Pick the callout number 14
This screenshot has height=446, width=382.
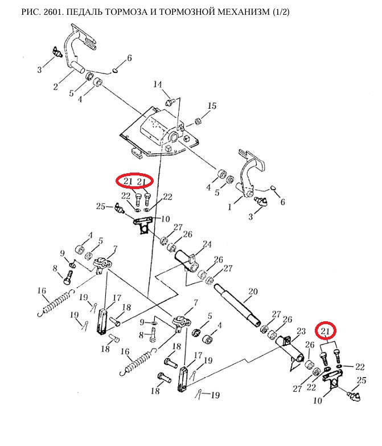click(158, 85)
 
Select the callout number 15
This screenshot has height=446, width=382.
click(212, 106)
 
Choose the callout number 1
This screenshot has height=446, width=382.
click(230, 207)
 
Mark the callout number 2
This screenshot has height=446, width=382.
click(55, 87)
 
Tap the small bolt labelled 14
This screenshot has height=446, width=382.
click(169, 101)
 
